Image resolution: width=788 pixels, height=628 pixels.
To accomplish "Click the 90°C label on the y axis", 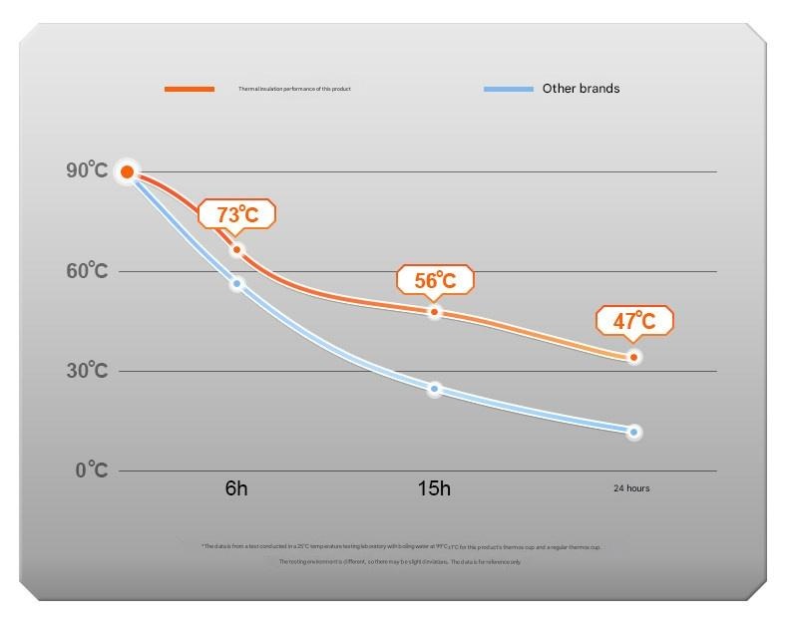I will (x=87, y=170).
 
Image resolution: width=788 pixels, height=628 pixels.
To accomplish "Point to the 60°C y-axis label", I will (x=87, y=270).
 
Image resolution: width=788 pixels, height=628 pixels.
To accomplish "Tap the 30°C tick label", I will (x=87, y=370).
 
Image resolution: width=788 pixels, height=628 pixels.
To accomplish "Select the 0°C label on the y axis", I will (x=91, y=470).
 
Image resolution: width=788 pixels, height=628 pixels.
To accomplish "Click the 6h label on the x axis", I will (x=236, y=488).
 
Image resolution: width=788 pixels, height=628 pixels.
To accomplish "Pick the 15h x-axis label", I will (x=434, y=488).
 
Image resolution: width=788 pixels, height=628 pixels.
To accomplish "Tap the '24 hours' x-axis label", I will (x=631, y=488).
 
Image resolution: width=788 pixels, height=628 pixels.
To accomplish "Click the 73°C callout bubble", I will (x=236, y=213).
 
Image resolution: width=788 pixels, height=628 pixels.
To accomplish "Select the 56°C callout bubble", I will (x=434, y=280).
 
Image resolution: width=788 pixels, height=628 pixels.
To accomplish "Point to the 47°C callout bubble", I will (x=634, y=321).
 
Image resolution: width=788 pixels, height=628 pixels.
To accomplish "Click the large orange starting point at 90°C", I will (x=127, y=172).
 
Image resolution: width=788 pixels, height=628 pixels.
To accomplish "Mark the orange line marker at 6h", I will (x=236, y=249).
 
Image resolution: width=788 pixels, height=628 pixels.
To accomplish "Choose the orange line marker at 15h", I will (x=434, y=312).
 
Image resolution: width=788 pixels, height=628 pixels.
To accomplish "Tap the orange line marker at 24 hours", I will (x=633, y=357).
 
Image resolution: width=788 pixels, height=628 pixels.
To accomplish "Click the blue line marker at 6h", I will (x=236, y=284).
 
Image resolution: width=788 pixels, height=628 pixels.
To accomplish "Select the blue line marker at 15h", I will (x=434, y=389).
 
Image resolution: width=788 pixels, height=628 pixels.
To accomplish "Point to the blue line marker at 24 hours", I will (x=633, y=432).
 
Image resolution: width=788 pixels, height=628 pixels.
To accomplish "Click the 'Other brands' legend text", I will (x=581, y=89).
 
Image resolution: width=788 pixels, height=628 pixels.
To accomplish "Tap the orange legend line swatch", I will (x=190, y=89).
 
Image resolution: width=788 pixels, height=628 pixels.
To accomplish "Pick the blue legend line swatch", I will (x=508, y=89).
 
